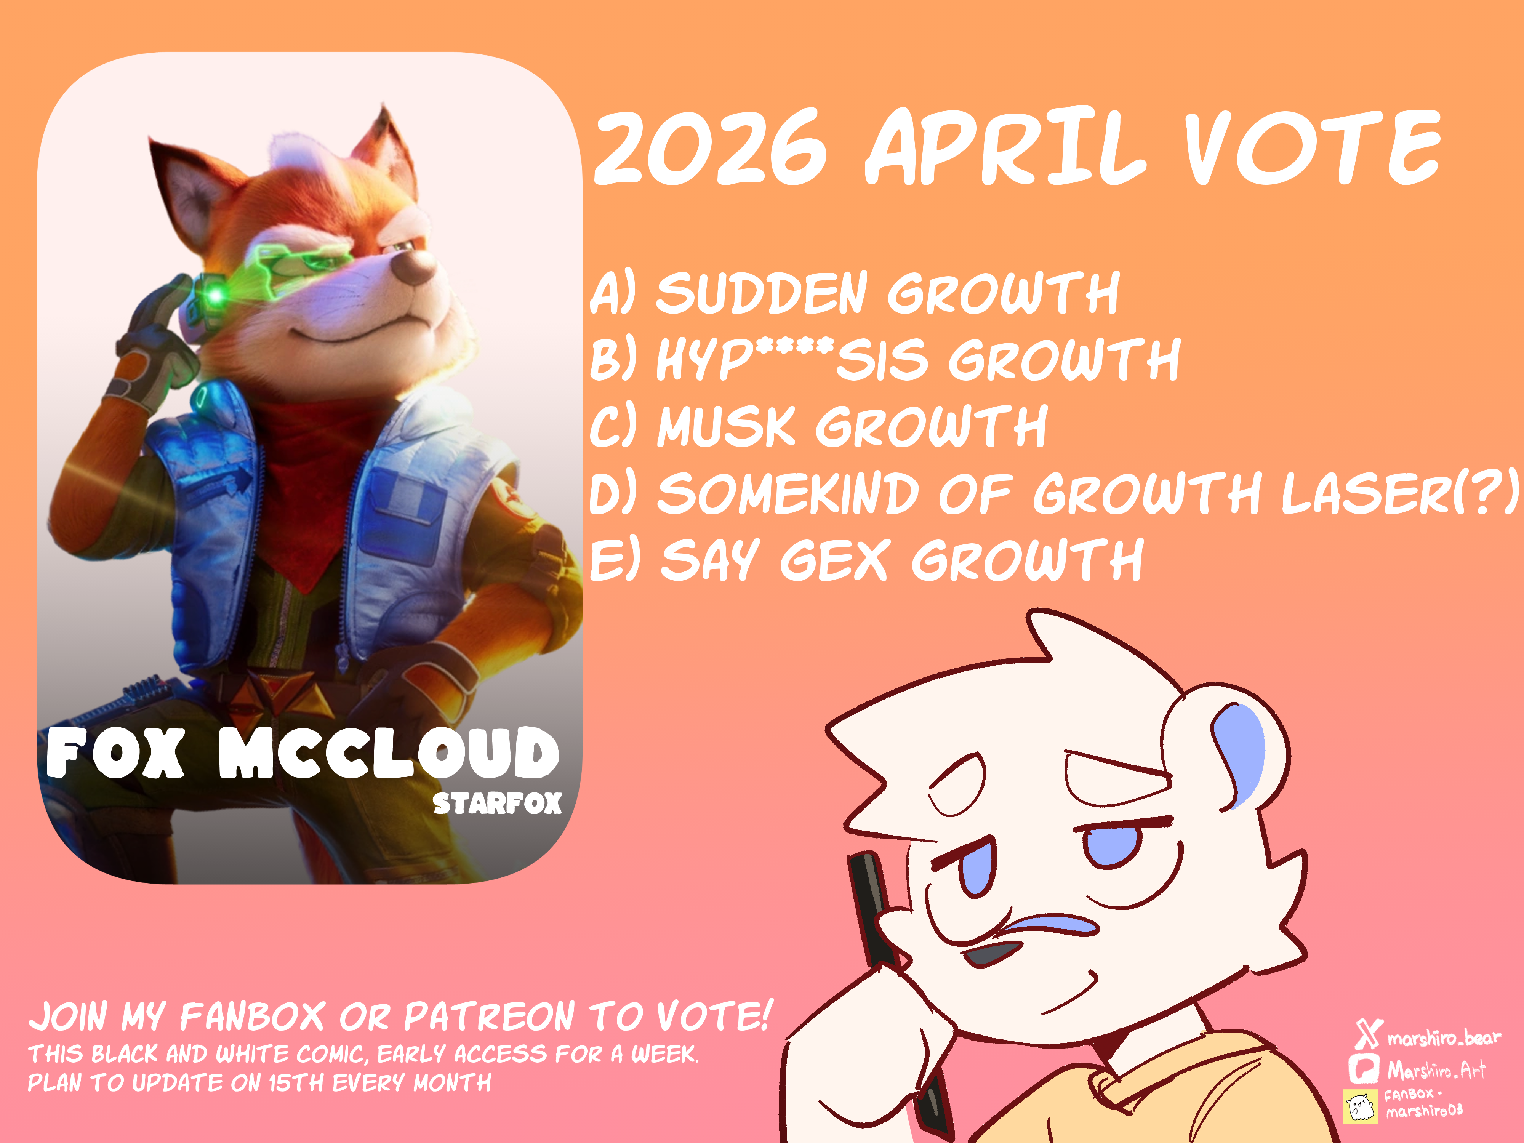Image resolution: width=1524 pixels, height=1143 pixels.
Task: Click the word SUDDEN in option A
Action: point(761,293)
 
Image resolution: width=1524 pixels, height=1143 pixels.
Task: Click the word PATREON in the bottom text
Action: point(489,1017)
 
